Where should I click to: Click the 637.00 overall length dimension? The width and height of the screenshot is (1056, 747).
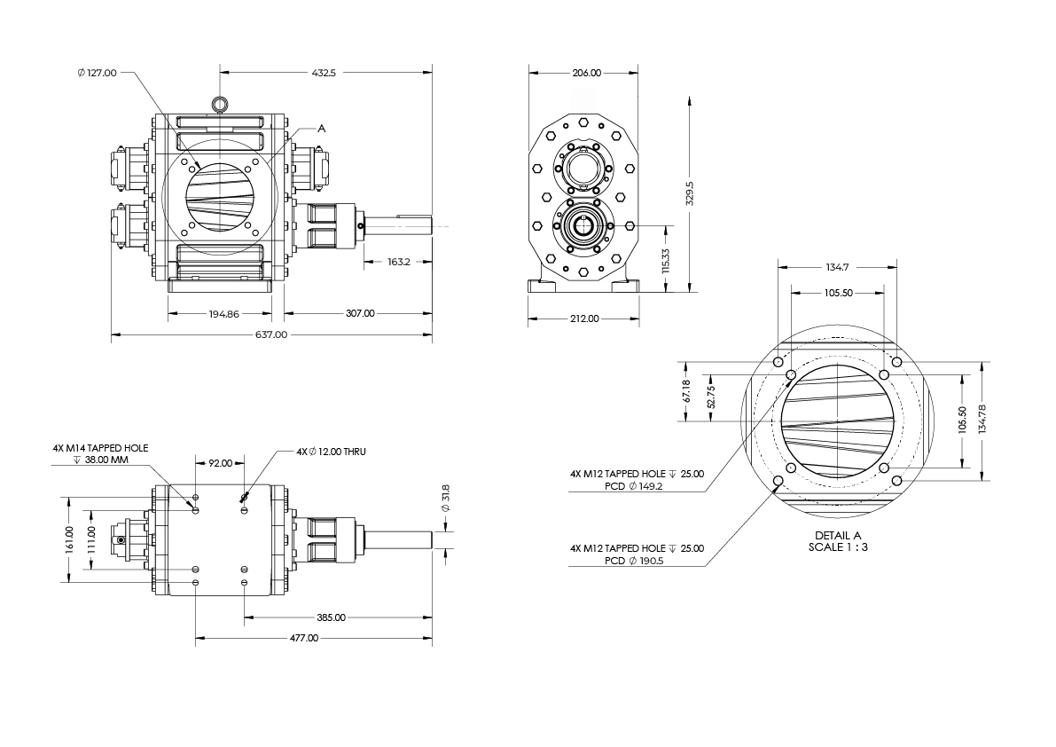(271, 334)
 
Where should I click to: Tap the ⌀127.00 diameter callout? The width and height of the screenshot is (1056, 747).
(98, 73)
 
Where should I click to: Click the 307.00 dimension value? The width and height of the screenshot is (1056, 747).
(360, 313)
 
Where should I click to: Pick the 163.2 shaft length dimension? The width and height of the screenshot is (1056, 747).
(399, 262)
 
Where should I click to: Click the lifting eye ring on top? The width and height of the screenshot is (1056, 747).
(219, 106)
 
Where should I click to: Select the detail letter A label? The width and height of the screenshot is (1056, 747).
(322, 129)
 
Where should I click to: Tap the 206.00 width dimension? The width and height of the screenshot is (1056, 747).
(585, 73)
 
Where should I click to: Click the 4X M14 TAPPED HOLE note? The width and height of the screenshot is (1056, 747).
(100, 450)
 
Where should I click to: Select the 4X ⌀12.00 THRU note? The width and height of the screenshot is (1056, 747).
(332, 452)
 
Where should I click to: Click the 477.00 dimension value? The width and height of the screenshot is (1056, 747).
(304, 638)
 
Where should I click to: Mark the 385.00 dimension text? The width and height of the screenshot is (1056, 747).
(332, 617)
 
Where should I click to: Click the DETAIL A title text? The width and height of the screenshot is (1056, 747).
(838, 535)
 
